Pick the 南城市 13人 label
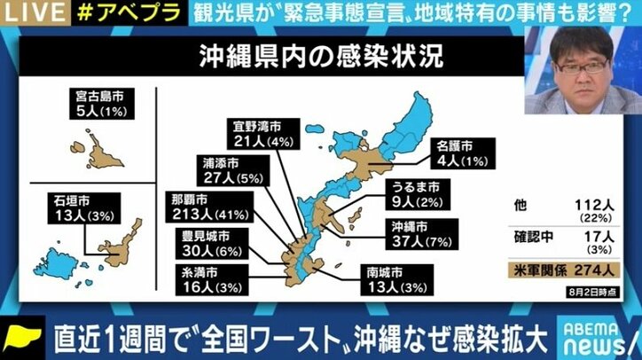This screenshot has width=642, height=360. [390, 278]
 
